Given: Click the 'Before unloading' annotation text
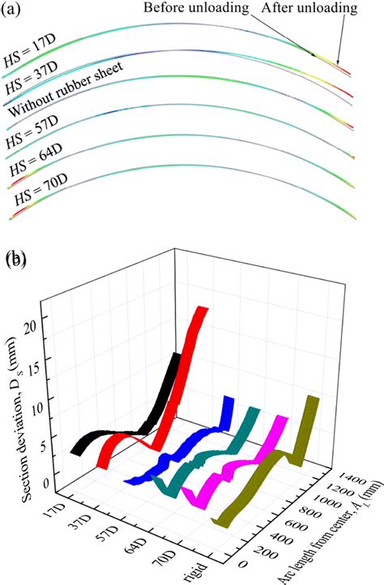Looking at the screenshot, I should tap(197, 10).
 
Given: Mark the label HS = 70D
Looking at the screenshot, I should tap(37, 197).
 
